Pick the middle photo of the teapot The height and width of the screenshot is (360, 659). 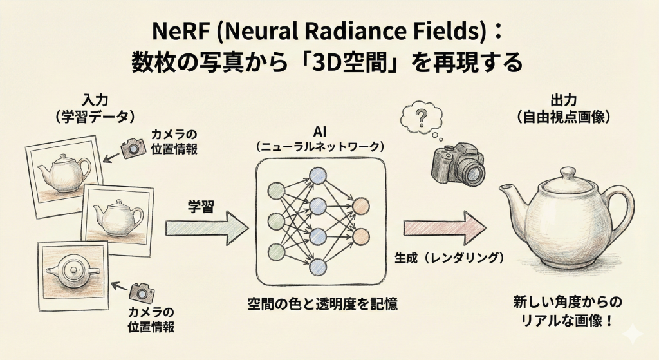pos(117,218)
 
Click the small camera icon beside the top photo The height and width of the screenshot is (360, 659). pos(133,147)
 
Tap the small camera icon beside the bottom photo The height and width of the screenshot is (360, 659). pos(141,292)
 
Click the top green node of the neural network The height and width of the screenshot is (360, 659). pos(276,191)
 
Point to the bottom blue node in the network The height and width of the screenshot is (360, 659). pos(318,266)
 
